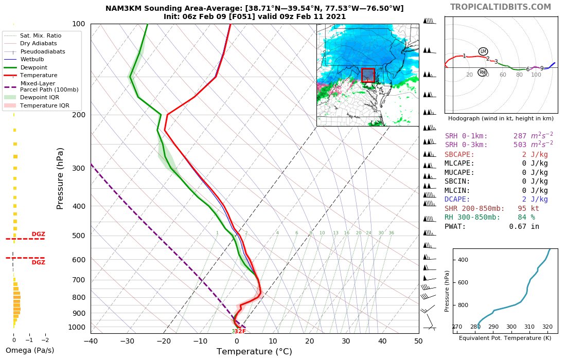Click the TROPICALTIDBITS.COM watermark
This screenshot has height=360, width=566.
tap(500, 7)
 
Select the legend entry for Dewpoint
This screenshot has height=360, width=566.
tap(33, 67)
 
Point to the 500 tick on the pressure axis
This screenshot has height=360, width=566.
tap(78, 236)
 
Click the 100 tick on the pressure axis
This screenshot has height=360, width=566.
tap(78, 24)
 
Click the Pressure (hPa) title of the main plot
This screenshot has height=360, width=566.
tap(60, 178)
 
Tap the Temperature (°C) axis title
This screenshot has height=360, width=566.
tap(254, 352)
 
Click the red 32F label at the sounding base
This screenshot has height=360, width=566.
tap(240, 332)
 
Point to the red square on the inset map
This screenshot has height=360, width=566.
tap(368, 75)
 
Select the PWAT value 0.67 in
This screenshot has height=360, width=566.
tap(524, 226)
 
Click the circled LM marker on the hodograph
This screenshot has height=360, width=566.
tap(483, 51)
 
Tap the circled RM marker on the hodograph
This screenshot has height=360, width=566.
tap(482, 73)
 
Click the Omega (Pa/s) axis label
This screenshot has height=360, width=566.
tap(29, 351)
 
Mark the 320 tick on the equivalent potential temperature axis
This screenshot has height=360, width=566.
tap(547, 327)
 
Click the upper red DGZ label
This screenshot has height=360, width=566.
tap(39, 234)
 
